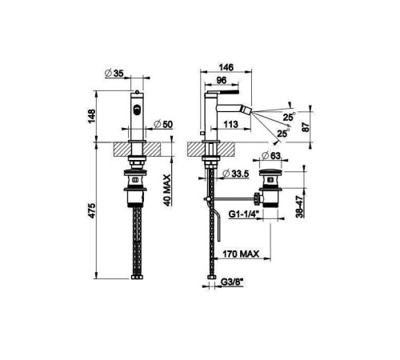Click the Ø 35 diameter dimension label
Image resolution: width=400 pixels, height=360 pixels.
click(x=114, y=73)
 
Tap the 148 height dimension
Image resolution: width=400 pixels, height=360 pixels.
click(x=91, y=116)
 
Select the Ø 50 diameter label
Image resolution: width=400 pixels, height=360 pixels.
click(x=163, y=124)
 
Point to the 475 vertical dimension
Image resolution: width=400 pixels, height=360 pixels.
click(x=91, y=210)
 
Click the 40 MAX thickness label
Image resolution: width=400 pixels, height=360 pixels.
click(x=167, y=190)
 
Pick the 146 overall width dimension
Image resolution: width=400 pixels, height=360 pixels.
click(x=226, y=67)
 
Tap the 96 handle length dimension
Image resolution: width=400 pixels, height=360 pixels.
click(x=222, y=80)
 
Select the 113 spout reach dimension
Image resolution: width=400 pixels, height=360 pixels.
click(x=230, y=124)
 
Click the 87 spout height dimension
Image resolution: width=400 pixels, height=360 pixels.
click(x=306, y=127)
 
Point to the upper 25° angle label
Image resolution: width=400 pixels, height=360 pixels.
click(x=289, y=117)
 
